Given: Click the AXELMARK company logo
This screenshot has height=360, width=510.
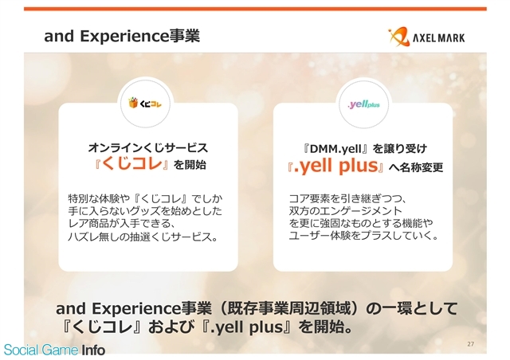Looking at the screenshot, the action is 426,37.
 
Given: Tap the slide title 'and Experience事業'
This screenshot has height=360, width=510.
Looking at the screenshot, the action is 122,36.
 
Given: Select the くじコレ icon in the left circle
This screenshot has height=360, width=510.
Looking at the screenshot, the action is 145,104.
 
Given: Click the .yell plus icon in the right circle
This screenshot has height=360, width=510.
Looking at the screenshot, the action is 363,104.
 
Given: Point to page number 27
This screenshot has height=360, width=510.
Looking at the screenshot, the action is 470,344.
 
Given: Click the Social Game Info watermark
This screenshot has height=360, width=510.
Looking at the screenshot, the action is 54,350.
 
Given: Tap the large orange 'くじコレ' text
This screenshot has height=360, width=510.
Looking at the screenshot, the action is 131,163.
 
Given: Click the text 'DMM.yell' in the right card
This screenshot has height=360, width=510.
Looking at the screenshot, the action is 335,149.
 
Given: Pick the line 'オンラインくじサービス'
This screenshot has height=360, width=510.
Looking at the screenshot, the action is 148,148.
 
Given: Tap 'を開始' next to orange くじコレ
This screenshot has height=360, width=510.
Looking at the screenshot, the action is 190,165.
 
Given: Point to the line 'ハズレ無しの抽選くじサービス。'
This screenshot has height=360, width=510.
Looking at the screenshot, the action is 143,237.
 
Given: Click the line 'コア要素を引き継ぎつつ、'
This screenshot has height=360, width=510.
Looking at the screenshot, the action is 347,198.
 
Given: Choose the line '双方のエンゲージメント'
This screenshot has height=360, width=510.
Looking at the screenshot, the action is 345,211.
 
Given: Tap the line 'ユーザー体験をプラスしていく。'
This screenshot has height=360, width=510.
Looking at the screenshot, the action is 364,236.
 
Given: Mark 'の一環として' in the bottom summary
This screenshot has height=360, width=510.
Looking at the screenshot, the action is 412,308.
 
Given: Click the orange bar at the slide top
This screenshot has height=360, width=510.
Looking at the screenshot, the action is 255,9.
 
